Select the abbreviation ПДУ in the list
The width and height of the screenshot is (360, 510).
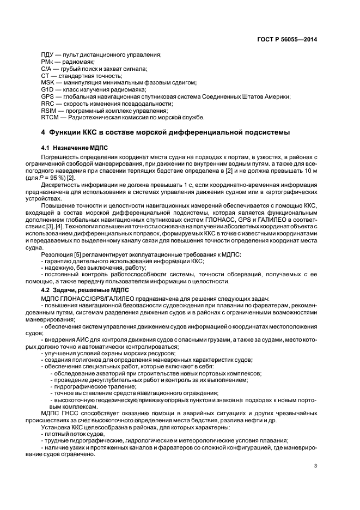click(x=47, y=56)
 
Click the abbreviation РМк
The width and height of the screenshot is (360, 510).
click(x=47, y=62)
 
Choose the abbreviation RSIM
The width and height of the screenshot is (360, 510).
click(x=49, y=110)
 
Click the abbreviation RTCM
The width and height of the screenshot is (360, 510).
click(x=50, y=117)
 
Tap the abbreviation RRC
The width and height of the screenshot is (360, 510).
click(x=48, y=103)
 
